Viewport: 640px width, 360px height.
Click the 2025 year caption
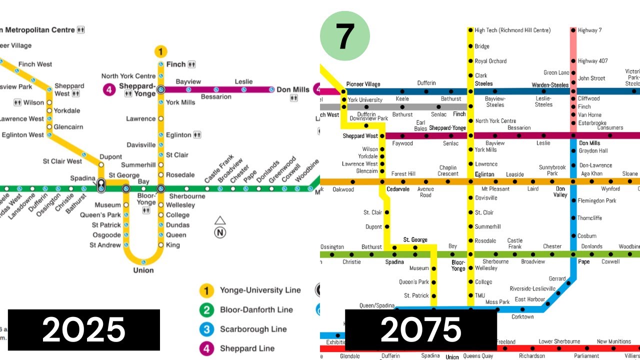pos(83,330)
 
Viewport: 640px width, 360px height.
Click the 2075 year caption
pos(420,330)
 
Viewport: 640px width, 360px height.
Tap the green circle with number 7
pos(344,36)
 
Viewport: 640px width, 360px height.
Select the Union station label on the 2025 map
pos(143,270)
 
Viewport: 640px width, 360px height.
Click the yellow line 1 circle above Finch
pos(160,51)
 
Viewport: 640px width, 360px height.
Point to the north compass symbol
pos(220,227)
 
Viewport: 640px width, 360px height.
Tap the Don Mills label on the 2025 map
pos(293,89)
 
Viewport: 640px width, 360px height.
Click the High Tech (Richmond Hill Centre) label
pos(512,30)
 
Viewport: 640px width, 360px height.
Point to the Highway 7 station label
pos(589,30)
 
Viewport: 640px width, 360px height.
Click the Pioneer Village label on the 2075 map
pos(363,84)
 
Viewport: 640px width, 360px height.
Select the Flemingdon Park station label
pos(597,201)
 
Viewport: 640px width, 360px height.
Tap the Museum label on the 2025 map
pos(107,205)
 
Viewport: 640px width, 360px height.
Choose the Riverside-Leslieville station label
pos(532,288)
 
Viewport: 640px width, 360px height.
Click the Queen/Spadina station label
pos(376,305)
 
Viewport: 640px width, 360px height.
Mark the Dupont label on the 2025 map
pos(110,157)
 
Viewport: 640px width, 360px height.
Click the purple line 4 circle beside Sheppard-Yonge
pos(109,90)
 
